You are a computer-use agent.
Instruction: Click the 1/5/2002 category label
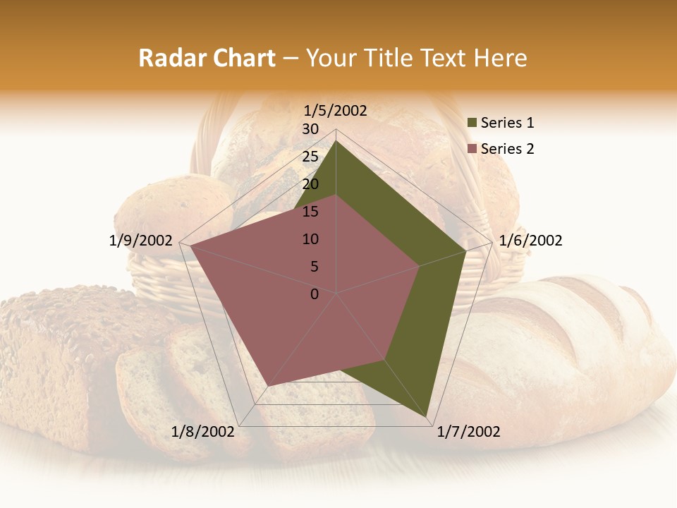point(336,111)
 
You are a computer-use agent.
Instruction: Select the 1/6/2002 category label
point(530,241)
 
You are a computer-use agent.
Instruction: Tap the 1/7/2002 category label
point(468,432)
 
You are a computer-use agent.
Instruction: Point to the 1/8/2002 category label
point(202,432)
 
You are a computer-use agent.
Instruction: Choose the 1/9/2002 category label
point(141,241)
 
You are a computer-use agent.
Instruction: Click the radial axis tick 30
point(310,129)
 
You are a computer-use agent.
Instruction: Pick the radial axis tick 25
point(310,157)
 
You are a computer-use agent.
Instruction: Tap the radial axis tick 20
point(310,184)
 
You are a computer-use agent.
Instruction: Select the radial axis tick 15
point(310,212)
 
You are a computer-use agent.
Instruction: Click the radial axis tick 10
point(310,239)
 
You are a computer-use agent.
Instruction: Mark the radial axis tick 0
point(315,294)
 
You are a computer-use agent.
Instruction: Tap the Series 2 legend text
point(507,149)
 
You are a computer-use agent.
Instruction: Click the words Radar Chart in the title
point(207,58)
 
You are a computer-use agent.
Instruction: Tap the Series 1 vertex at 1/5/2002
point(336,140)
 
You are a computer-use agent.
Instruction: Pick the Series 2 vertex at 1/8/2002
point(268,386)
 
